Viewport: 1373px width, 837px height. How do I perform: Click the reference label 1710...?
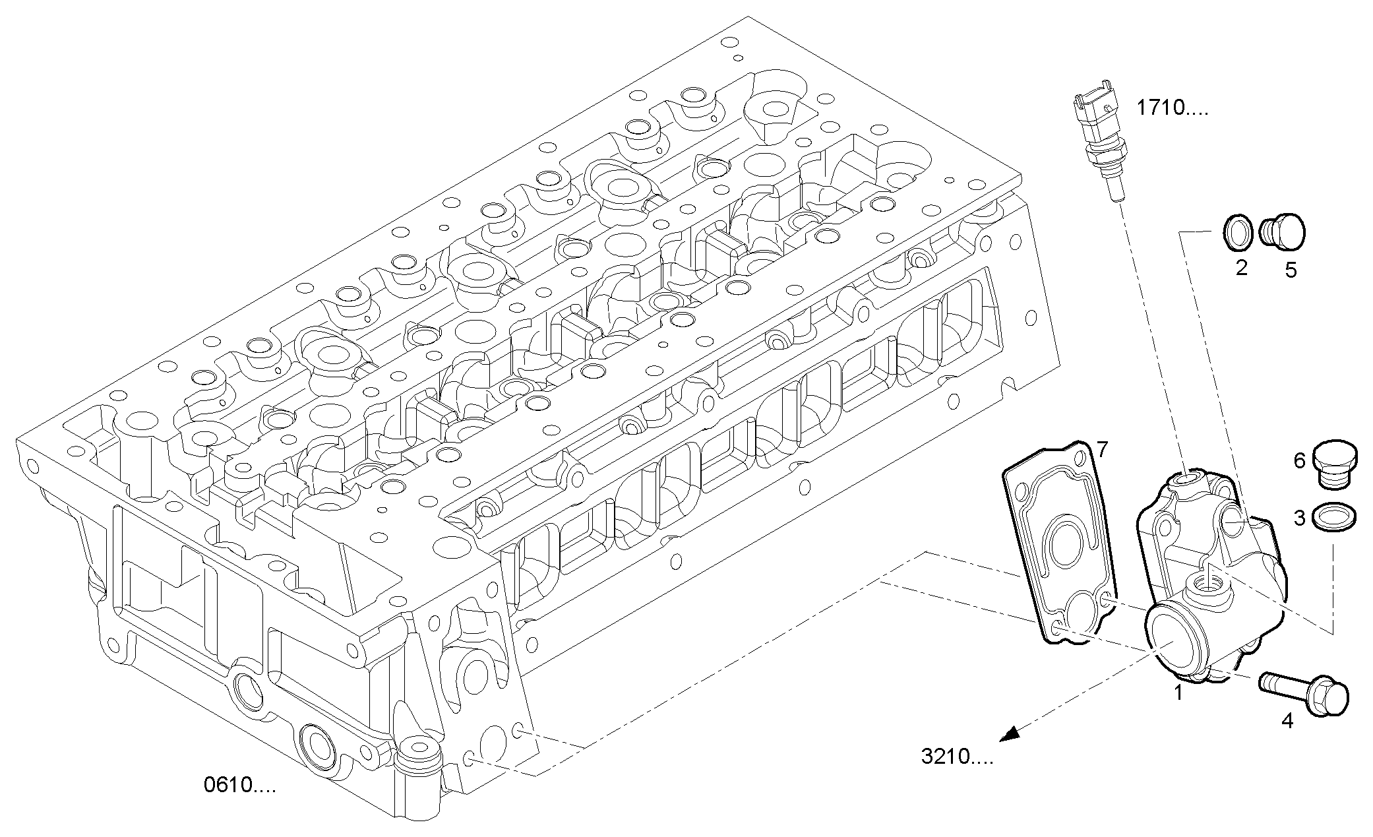pyautogui.click(x=1172, y=108)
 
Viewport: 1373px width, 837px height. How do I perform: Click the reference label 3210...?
pyautogui.click(x=956, y=757)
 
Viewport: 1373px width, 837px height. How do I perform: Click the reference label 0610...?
pyautogui.click(x=239, y=785)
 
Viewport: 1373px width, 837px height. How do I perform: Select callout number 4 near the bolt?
pyautogui.click(x=1287, y=721)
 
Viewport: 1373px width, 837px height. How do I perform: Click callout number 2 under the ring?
pyautogui.click(x=1242, y=268)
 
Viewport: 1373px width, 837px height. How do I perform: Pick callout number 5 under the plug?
pyautogui.click(x=1291, y=269)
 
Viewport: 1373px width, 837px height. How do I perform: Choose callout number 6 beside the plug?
pyautogui.click(x=1299, y=460)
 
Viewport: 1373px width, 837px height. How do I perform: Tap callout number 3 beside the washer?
pyautogui.click(x=1299, y=518)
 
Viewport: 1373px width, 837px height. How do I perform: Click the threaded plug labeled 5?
pyautogui.click(x=1282, y=233)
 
